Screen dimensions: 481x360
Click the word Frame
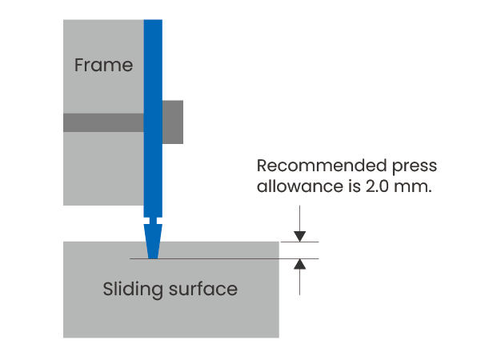[104, 65]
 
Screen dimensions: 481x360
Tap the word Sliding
[133, 289]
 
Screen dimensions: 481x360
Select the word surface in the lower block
[203, 289]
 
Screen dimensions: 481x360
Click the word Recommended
[322, 166]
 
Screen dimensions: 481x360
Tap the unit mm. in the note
[413, 187]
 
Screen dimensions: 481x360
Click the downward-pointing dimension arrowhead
[299, 237]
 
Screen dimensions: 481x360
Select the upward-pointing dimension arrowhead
[299, 264]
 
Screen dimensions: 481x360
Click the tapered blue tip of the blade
[153, 242]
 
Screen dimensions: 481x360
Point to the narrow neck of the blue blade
[153, 221]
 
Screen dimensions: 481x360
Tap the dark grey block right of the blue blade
[173, 122]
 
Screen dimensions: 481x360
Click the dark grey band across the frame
[103, 122]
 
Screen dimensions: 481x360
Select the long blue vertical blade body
[153, 118]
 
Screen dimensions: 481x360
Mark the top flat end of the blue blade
[153, 20]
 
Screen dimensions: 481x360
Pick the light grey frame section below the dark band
[103, 169]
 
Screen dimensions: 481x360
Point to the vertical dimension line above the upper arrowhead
[299, 218]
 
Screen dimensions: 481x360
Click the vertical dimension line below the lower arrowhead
[299, 282]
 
